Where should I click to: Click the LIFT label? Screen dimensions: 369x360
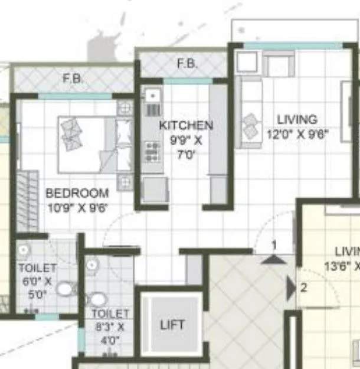coord(172,325)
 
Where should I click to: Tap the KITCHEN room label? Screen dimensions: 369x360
coord(186,125)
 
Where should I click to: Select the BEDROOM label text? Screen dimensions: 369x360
coord(77,193)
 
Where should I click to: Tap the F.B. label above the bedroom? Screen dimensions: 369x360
coord(73,77)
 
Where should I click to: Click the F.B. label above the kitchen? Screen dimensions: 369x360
coord(187,64)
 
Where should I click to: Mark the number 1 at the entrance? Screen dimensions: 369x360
coord(274,243)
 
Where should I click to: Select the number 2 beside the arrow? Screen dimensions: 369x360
coord(303,288)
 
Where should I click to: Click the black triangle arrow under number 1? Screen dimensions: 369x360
coord(273,257)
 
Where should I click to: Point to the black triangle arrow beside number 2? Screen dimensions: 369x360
coord(290,288)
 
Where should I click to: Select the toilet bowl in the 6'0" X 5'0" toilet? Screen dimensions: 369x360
coord(66,288)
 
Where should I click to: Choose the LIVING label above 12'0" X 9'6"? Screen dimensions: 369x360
coord(300,120)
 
